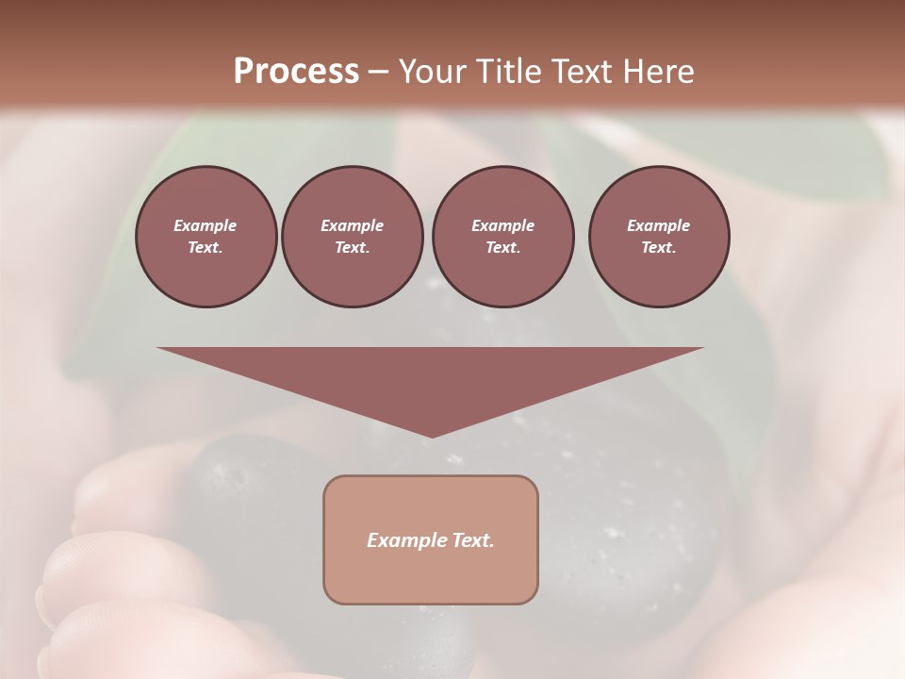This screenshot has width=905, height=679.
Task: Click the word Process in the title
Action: coord(296,72)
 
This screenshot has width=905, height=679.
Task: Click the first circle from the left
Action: coord(206,237)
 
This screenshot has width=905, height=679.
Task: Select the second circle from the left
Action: coord(352,237)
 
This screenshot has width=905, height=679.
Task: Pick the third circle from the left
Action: coord(502,237)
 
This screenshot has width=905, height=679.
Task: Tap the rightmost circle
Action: coord(659,237)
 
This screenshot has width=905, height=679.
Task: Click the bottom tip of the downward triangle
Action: coord(432,435)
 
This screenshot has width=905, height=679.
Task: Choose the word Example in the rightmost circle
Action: coord(659,225)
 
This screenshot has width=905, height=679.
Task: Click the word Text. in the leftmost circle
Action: coord(206,248)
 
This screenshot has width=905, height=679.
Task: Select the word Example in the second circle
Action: coord(352,225)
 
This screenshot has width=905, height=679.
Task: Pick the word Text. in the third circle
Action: coord(502,248)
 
